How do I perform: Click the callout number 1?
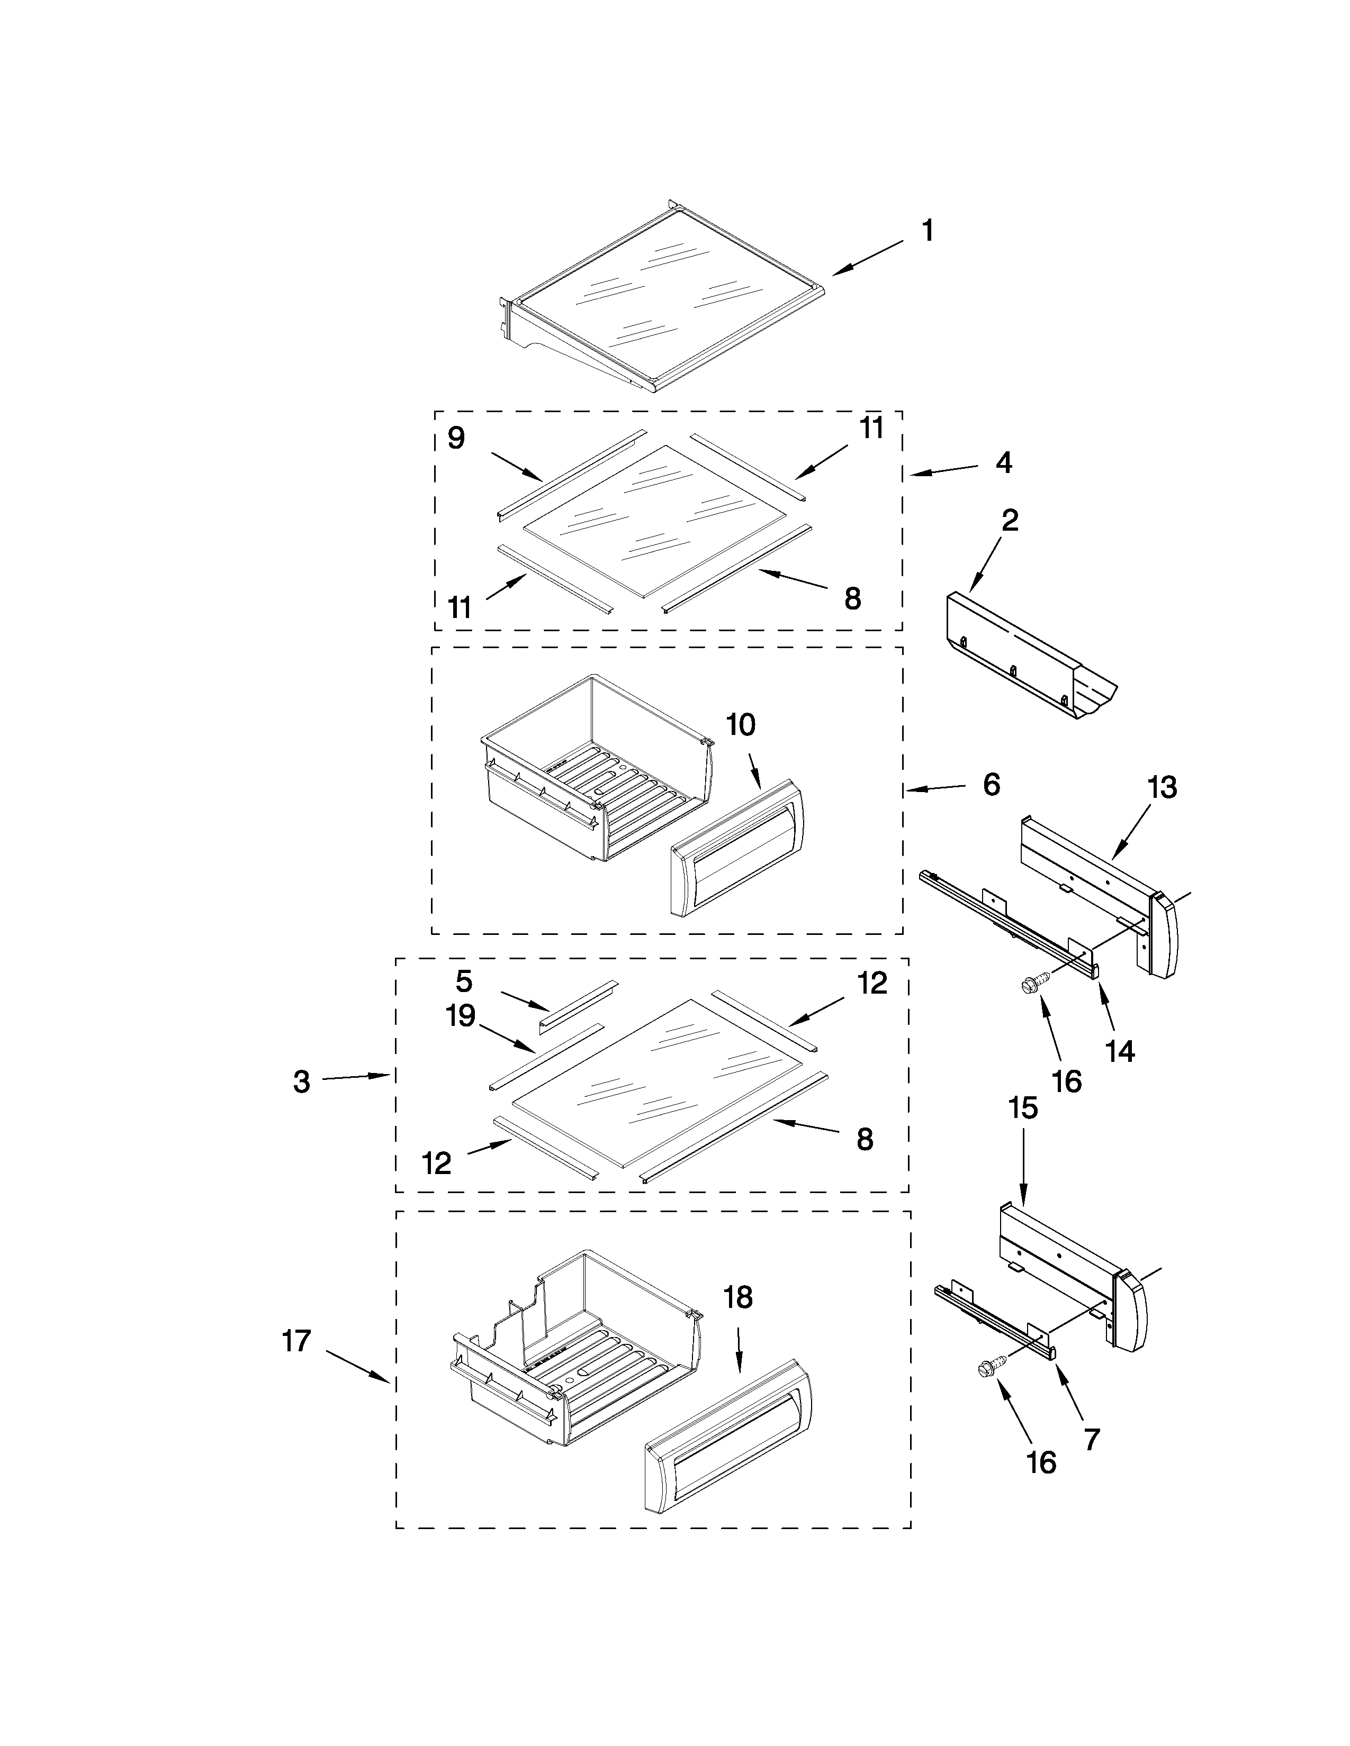tap(927, 232)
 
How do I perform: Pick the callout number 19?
tap(461, 1016)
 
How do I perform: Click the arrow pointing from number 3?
tap(356, 1077)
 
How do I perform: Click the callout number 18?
tap(737, 1297)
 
